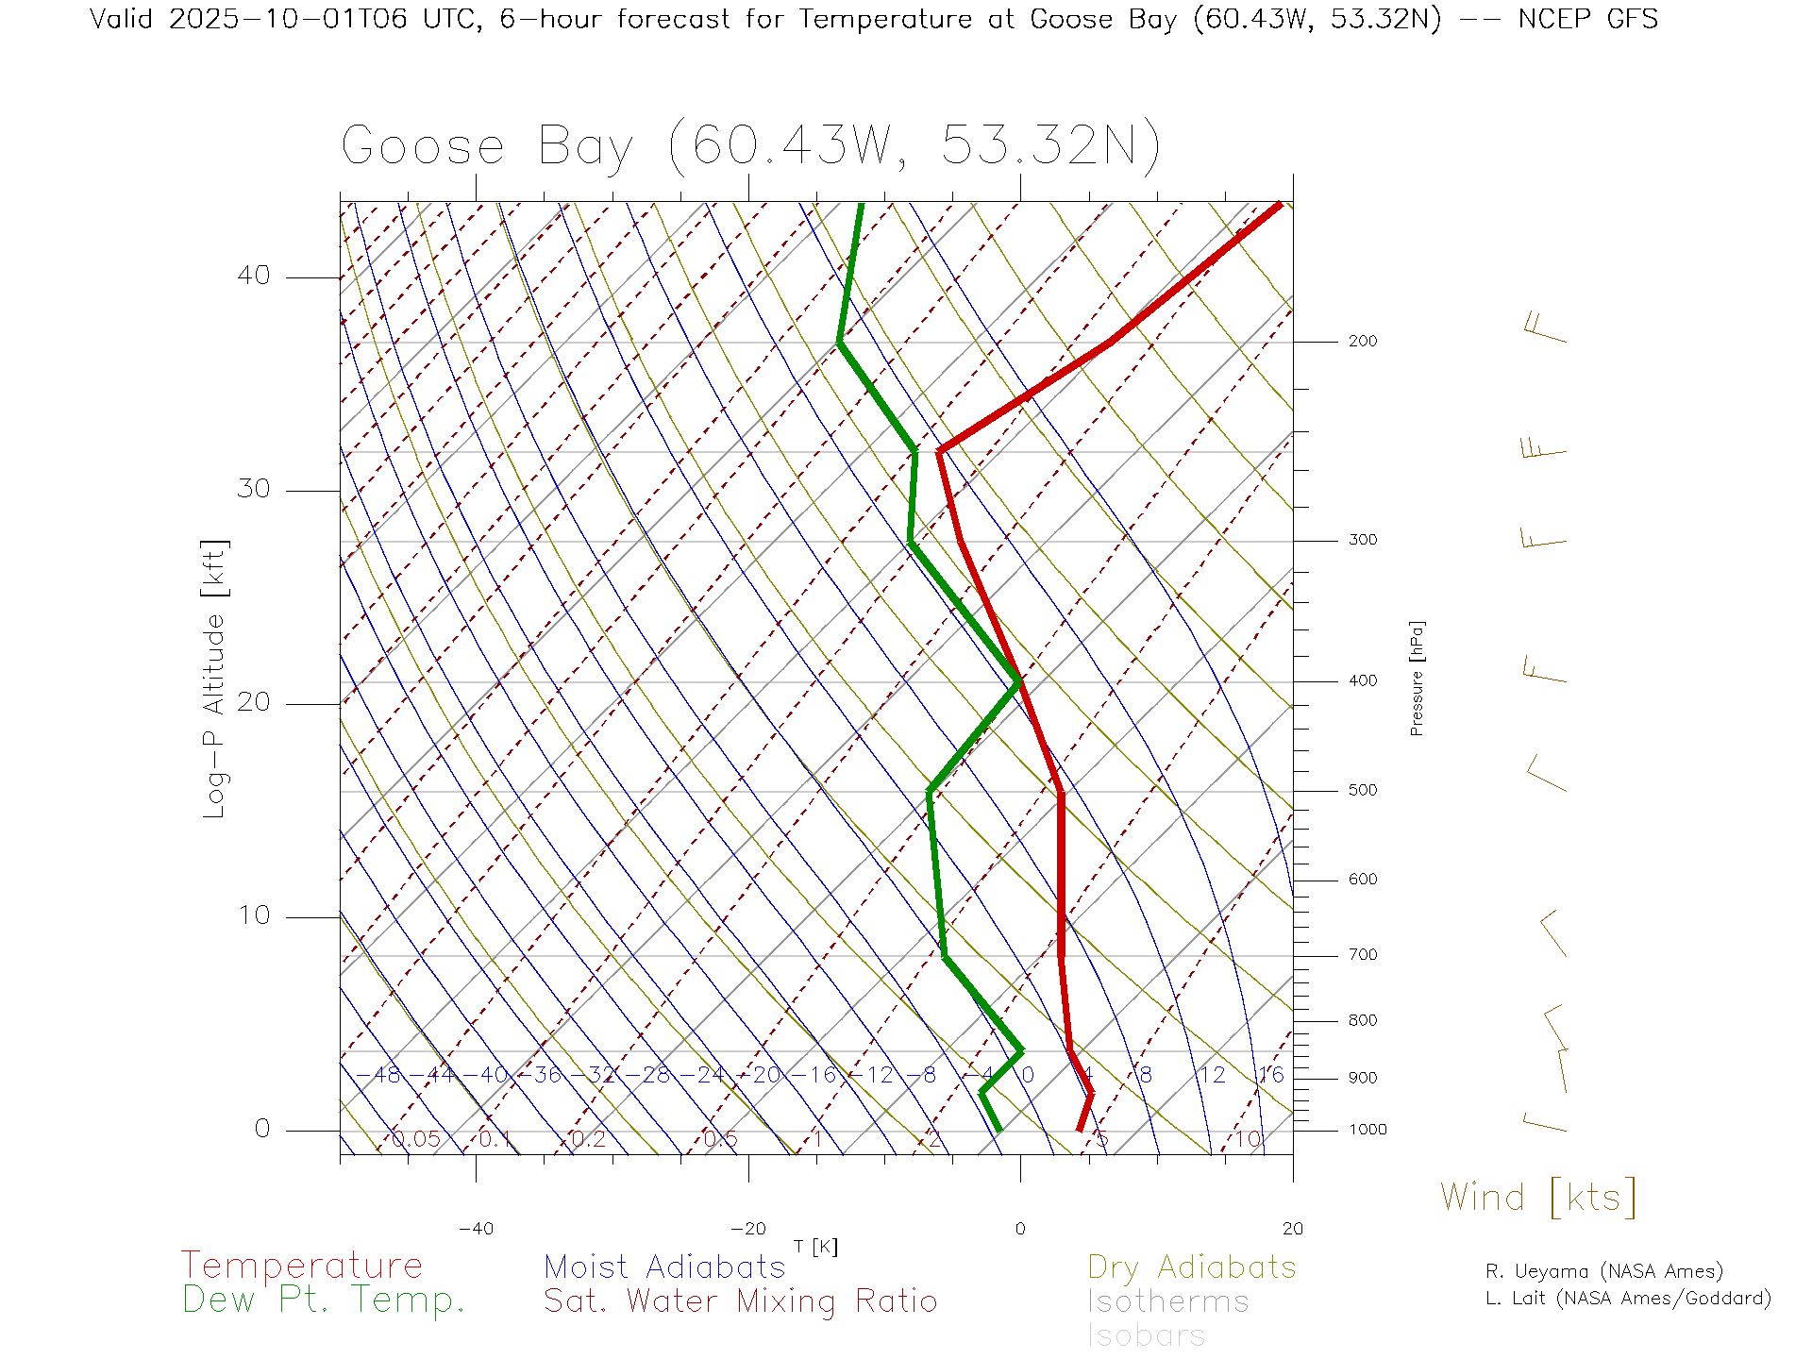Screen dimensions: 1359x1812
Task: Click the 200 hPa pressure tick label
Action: tap(1362, 342)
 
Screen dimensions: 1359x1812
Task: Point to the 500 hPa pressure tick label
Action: tap(1362, 791)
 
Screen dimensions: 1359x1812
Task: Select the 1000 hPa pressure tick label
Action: tap(1367, 1131)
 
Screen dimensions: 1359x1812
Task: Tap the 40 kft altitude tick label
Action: tap(253, 276)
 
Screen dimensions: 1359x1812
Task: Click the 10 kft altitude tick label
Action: tap(253, 915)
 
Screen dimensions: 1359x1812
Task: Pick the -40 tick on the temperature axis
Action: tap(476, 1229)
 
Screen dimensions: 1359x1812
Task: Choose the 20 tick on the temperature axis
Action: tap(1292, 1229)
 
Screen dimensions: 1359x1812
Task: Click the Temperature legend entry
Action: tap(302, 1266)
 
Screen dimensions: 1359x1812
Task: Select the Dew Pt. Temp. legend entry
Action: tap(324, 1300)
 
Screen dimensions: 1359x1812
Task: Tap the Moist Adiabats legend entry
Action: tap(664, 1267)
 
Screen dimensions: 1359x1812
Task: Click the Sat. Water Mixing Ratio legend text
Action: tap(740, 1301)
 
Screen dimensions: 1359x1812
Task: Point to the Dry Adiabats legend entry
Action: tap(1191, 1267)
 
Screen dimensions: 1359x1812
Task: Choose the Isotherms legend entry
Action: tap(1167, 1302)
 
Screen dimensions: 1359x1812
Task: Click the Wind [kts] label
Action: tap(1537, 1198)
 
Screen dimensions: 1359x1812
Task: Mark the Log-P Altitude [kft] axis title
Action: tap(215, 679)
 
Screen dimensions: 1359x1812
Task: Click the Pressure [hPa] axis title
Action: tap(1417, 678)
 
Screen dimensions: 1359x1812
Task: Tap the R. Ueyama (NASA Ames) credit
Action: tap(1603, 1272)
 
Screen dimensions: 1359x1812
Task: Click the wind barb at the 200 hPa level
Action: tap(1545, 328)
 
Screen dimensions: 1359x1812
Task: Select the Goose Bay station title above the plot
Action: tap(750, 146)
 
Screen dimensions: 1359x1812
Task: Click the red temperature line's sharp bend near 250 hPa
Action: tap(940, 452)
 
